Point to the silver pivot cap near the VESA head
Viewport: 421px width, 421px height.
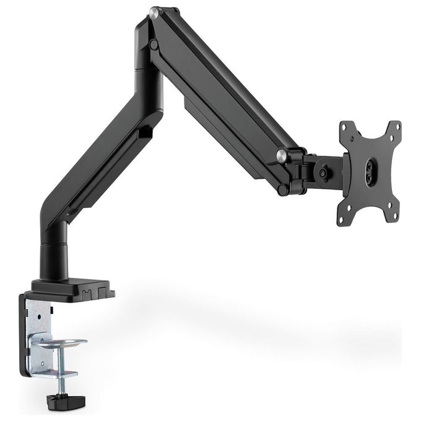coord(282,154)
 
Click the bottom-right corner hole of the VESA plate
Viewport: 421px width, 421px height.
coord(390,217)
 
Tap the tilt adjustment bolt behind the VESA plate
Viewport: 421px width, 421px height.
coord(324,175)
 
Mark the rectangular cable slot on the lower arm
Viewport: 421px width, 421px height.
coord(145,132)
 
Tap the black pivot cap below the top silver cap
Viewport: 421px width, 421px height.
coord(152,45)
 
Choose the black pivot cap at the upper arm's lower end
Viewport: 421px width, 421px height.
coord(283,189)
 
